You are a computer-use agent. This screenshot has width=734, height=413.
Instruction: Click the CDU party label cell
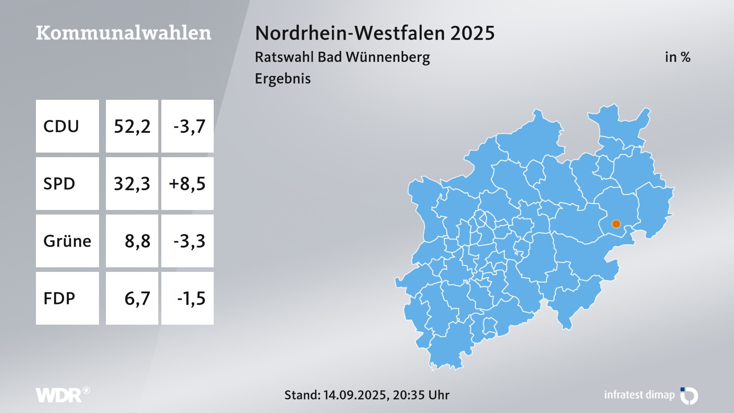[67, 126]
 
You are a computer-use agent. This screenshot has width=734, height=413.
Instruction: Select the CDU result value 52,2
[132, 126]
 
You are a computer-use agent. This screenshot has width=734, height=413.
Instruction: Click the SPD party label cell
[67, 184]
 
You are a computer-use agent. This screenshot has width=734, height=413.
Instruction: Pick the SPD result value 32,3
[132, 184]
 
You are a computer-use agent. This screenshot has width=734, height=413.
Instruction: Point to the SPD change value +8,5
[187, 184]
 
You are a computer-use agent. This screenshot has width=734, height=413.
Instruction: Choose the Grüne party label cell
[67, 241]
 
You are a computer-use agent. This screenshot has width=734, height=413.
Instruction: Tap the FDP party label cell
[67, 298]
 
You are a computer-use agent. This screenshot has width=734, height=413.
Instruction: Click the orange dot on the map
[616, 224]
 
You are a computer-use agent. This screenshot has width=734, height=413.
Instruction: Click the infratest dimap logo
[650, 395]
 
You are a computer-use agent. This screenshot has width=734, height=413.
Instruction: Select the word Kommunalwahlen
[123, 33]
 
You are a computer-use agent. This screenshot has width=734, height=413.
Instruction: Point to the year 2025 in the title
[473, 33]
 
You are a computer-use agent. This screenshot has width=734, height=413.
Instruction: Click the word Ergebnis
[283, 78]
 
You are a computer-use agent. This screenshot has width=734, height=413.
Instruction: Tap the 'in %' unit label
[677, 57]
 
